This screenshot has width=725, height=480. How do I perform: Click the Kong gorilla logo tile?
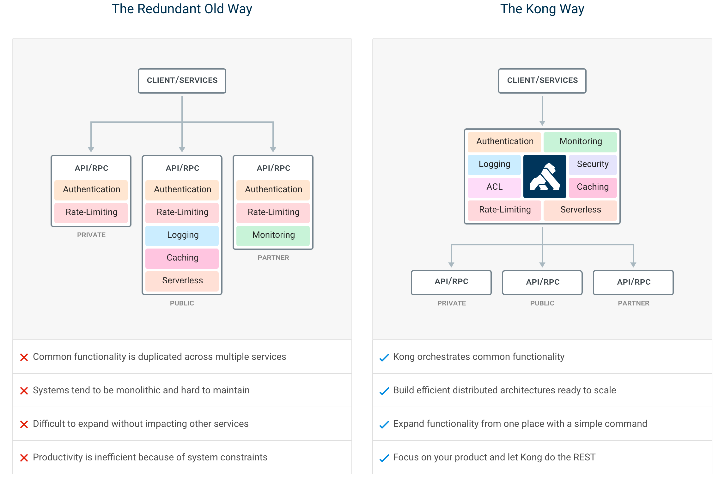tap(545, 176)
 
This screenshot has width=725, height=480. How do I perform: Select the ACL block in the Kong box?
tap(494, 187)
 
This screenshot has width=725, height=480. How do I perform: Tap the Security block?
tap(593, 164)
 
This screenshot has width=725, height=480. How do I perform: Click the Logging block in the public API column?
tap(182, 235)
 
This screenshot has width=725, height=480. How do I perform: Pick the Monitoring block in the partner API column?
tap(273, 235)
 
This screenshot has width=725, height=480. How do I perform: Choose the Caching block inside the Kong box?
tap(593, 187)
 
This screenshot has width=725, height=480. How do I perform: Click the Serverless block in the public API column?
tap(182, 281)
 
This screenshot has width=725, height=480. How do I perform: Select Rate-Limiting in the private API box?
tap(91, 212)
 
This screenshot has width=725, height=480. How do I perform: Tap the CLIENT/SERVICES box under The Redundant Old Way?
tap(182, 81)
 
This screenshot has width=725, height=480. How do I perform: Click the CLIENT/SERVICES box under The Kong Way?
tap(542, 81)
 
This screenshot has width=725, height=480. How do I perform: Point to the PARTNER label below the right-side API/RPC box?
tap(633, 303)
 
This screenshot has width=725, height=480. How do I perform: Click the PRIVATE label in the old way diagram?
tap(91, 235)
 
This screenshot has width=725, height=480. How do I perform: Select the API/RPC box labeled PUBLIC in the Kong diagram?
tap(542, 282)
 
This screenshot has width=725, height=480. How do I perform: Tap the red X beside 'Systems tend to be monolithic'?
tap(24, 391)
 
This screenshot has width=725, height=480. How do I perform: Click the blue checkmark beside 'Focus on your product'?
tap(384, 458)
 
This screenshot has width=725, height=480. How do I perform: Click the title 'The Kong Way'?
tap(542, 9)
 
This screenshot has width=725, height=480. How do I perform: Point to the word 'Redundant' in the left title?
tap(169, 9)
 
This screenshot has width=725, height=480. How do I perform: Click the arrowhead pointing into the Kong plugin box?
tap(542, 123)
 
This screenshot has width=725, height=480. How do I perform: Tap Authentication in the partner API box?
tap(273, 189)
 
